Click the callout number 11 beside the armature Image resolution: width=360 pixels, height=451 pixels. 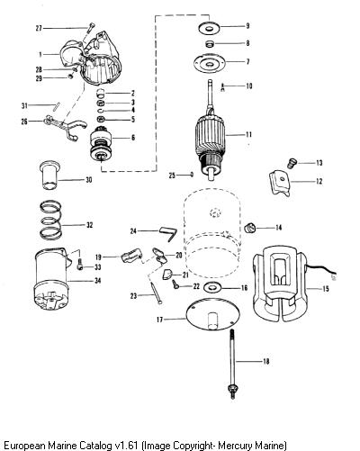pos(248,134)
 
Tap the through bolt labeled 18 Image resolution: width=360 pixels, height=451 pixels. pos(232,364)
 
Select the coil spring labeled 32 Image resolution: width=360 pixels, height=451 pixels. pos(51,220)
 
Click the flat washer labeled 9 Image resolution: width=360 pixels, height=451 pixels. pos(209,28)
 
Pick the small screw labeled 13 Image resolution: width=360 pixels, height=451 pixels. pos(292,163)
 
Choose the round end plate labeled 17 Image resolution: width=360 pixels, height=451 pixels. pos(213,315)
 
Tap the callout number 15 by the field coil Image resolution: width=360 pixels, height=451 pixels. pos(326,289)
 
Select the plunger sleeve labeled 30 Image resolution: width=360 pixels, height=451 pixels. pos(50,176)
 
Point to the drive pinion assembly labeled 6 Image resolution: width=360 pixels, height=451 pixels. pos(101,145)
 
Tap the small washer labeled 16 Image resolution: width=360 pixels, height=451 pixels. pos(212,288)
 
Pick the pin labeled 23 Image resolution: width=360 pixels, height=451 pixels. pos(157,293)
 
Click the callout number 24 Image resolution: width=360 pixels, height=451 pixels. pos(133,231)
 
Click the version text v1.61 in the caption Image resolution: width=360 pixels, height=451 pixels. pos(126,445)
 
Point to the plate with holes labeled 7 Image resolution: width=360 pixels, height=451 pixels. pos(209,63)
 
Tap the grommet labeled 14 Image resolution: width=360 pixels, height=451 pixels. pos(249,228)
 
